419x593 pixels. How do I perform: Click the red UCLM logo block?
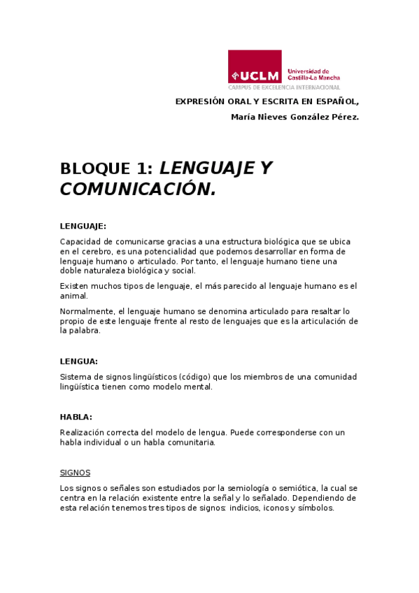coord(255,67)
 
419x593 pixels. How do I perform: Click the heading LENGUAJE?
coord(83,226)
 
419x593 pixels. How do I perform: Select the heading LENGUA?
coord(78,362)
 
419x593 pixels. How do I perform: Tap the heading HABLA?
coord(76,417)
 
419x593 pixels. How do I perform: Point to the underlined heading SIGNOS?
coord(75,473)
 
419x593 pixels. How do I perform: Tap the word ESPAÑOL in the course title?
coord(339,101)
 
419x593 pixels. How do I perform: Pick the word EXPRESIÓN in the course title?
coord(199,101)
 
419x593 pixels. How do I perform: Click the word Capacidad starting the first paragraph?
coord(80,241)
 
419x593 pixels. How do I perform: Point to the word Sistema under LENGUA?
coord(76,377)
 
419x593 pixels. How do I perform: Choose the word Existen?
coord(75,285)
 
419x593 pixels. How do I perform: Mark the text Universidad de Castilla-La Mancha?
coord(313,74)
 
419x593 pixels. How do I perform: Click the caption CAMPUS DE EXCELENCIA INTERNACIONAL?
coord(284,88)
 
